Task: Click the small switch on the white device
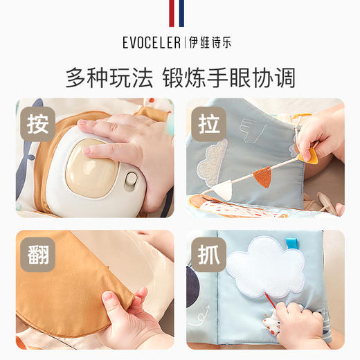click(129, 181)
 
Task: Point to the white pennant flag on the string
click(222, 188)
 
